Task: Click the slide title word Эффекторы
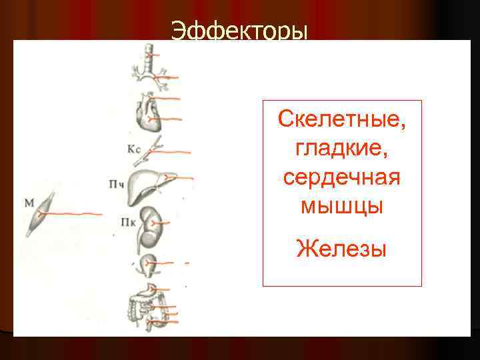239,30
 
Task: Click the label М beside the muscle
29,200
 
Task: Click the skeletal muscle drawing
39,213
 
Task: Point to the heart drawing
146,111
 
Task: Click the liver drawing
148,183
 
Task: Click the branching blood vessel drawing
153,148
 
